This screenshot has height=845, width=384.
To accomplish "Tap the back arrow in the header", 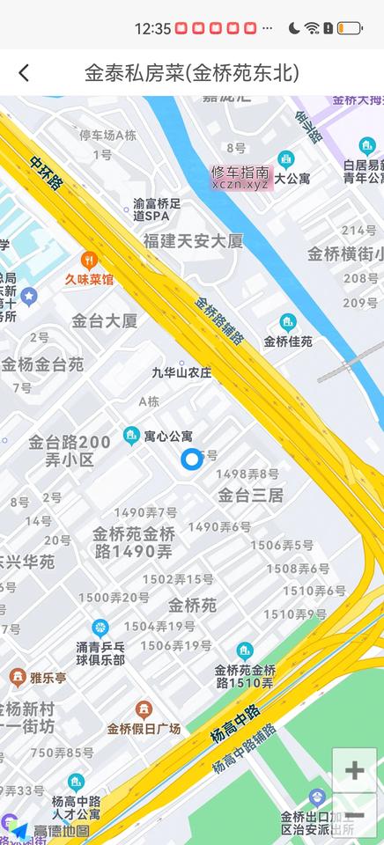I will [x=24, y=73].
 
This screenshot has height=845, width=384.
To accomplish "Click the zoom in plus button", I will [x=354, y=771].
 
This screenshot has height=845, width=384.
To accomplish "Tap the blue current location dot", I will [x=191, y=459].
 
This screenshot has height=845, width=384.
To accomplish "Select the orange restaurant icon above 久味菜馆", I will [x=88, y=261].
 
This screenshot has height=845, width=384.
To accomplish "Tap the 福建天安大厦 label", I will [x=193, y=240].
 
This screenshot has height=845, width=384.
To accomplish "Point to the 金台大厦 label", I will [x=105, y=320].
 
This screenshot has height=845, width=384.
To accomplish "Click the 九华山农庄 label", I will [x=182, y=372].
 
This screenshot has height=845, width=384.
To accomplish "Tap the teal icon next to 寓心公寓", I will [x=131, y=435].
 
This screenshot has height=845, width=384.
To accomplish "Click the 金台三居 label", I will [x=251, y=495].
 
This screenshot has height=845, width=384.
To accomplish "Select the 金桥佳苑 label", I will [x=288, y=341].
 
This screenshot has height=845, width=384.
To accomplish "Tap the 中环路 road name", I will [x=46, y=173].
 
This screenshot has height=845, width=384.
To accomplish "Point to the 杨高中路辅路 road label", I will [x=244, y=749].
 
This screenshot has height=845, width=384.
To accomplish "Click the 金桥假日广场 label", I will [x=144, y=729].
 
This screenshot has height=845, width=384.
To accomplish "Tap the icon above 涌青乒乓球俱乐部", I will [x=100, y=628].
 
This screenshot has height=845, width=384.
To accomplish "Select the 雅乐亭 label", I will [x=48, y=678].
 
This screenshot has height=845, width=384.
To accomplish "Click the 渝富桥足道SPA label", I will [x=157, y=209].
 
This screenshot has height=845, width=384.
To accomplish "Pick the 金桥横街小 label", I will [x=344, y=254].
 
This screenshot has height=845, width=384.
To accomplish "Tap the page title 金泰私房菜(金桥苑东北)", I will [x=192, y=73].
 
